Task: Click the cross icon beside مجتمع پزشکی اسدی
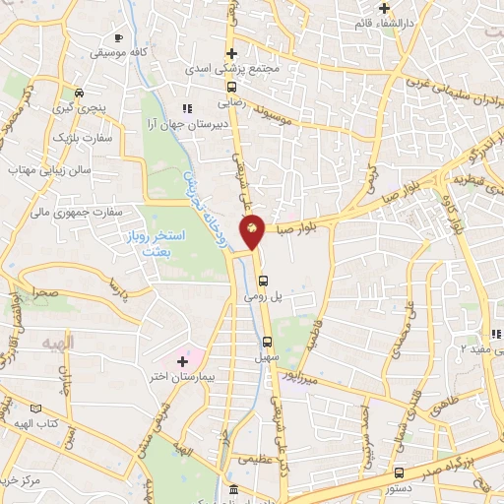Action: [x=231, y=54]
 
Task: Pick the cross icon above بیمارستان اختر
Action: [x=181, y=361]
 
